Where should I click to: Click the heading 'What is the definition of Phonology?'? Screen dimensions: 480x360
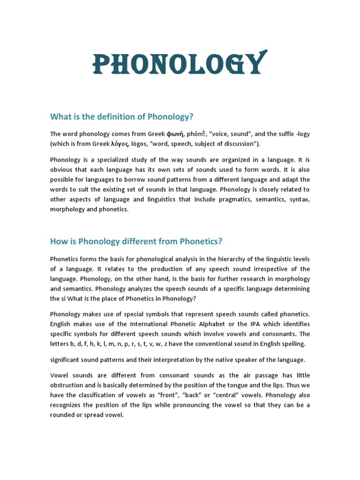click(122, 116)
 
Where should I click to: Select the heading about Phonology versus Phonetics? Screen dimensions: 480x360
click(136, 241)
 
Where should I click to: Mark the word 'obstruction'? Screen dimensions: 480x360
click(67, 385)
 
